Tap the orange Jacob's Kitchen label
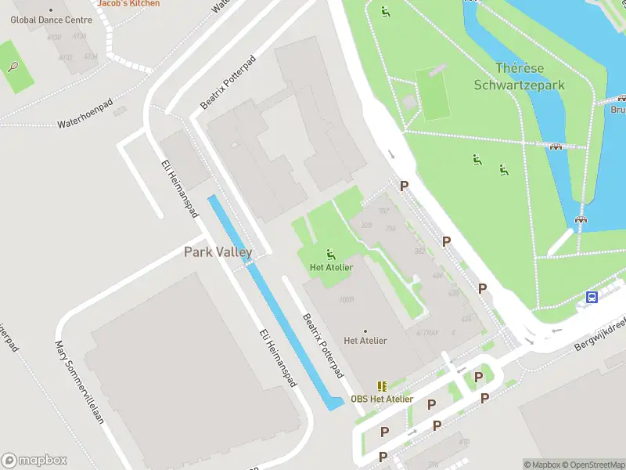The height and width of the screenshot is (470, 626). click(x=128, y=3)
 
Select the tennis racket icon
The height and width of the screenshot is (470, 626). click(x=13, y=67)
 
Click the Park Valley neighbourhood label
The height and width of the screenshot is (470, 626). click(x=218, y=252)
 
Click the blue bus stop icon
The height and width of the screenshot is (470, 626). click(x=592, y=298)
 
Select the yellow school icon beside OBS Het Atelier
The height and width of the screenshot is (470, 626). click(x=382, y=386)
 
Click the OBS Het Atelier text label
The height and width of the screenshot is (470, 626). click(x=382, y=399)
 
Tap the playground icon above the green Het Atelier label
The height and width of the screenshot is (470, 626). click(x=331, y=254)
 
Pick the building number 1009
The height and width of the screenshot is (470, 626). click(x=346, y=299)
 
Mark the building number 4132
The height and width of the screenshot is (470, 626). click(x=66, y=56)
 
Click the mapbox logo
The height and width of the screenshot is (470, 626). click(x=34, y=461)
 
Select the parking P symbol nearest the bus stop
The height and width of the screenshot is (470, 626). click(x=483, y=289)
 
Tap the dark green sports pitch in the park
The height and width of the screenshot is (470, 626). click(x=434, y=94)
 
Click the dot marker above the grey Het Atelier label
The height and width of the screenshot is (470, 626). click(x=365, y=331)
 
